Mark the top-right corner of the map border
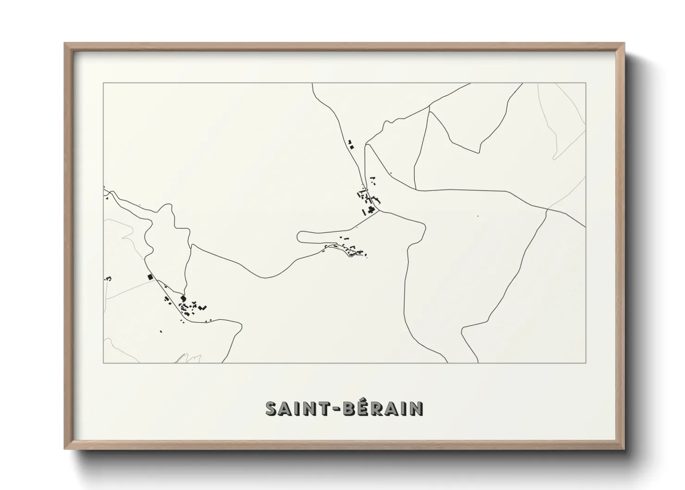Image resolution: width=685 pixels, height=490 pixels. pyautogui.click(x=586, y=83)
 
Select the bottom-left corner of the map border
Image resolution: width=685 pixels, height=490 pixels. pyautogui.click(x=104, y=363)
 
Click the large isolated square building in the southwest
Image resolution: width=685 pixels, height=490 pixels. pyautogui.click(x=149, y=276)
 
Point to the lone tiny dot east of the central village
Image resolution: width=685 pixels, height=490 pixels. pyautogui.click(x=478, y=215)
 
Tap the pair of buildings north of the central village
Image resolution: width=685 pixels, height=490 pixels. pyautogui.click(x=350, y=144)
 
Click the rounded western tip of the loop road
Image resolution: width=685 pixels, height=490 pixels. pyautogui.click(x=299, y=237)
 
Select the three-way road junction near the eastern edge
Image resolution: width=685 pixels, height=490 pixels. pyautogui.click(x=548, y=209)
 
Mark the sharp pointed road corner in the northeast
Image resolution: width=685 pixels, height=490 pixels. pyautogui.click(x=479, y=152)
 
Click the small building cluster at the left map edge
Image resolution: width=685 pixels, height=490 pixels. pyautogui.click(x=108, y=278)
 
